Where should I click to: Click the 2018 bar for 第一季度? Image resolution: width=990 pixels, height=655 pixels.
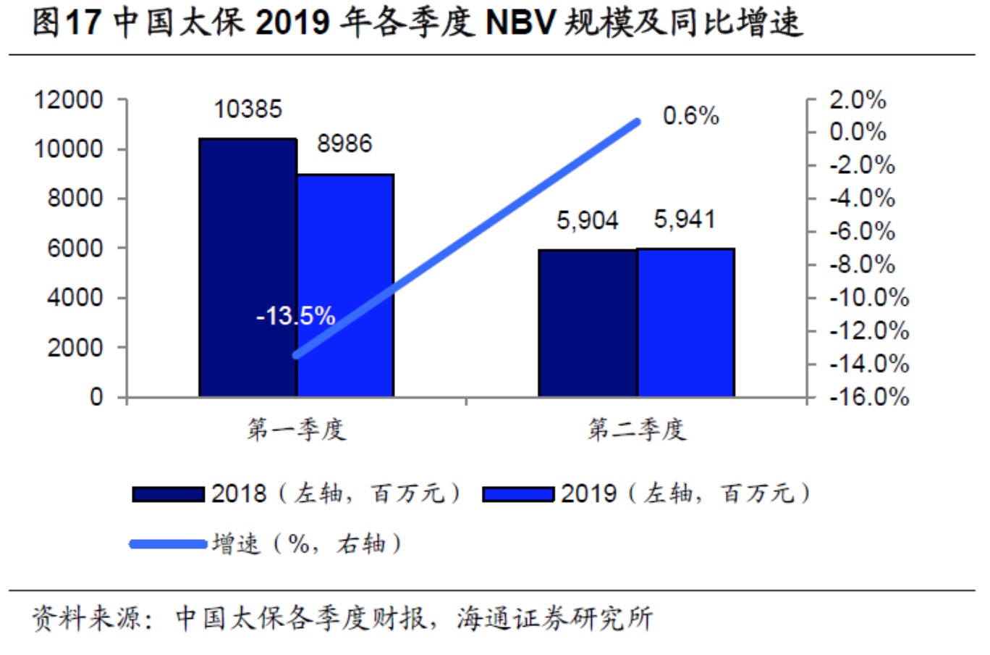click(x=247, y=267)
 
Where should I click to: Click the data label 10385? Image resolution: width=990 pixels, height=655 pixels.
click(x=247, y=109)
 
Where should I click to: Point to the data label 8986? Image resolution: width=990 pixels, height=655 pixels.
click(x=344, y=143)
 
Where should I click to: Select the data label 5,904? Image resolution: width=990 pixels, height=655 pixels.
click(x=587, y=220)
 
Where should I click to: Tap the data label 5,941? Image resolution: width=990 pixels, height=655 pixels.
click(x=685, y=219)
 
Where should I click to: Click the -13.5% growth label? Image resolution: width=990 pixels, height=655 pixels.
click(x=295, y=316)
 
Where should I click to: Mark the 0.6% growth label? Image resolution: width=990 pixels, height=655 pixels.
click(x=690, y=116)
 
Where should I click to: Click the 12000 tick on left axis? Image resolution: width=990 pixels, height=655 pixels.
click(x=69, y=100)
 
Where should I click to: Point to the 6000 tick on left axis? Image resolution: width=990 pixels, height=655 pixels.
click(x=75, y=248)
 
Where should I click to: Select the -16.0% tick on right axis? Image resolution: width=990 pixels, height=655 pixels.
click(x=869, y=396)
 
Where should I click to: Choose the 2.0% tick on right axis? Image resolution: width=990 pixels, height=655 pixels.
click(x=858, y=100)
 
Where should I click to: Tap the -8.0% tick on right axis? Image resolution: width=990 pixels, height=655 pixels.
click(x=862, y=264)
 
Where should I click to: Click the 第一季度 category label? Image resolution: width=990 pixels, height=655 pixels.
click(x=296, y=430)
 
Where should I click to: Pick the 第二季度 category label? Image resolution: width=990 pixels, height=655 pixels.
click(x=636, y=430)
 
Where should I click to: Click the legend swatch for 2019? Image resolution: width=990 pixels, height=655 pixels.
click(x=518, y=494)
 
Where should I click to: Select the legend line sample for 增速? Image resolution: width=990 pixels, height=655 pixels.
click(x=168, y=543)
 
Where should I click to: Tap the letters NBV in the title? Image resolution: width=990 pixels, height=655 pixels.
click(x=520, y=23)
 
